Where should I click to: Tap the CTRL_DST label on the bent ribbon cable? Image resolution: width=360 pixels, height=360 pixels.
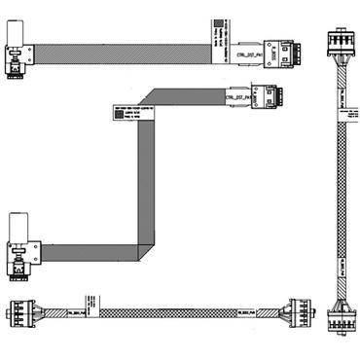click(x=240, y=97)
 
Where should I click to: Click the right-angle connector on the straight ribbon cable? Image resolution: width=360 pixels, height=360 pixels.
click(x=18, y=63)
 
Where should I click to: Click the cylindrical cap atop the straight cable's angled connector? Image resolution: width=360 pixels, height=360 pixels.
click(x=17, y=37)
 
